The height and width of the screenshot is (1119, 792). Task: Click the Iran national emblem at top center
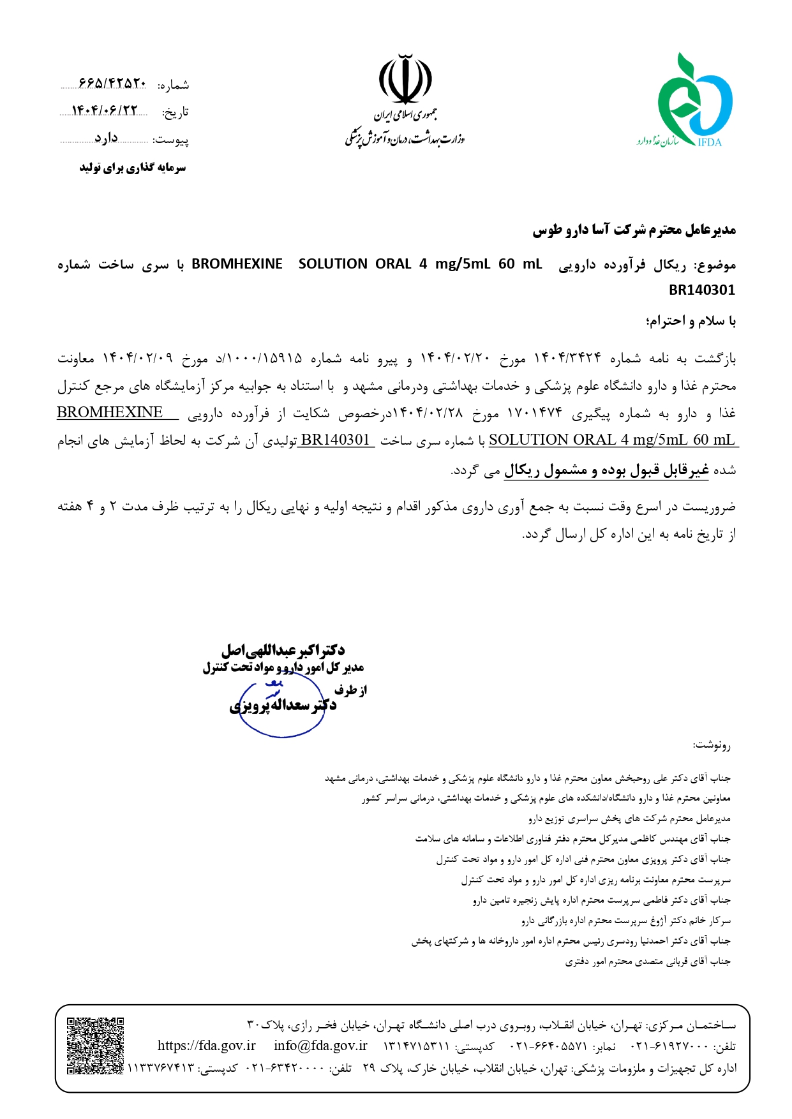[405, 79]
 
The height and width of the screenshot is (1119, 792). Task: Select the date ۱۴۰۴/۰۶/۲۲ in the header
[105, 111]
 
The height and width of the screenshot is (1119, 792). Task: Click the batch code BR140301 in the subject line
[701, 290]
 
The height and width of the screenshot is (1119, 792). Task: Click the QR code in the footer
[95, 1046]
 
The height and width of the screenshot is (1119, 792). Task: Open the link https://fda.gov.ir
[206, 1046]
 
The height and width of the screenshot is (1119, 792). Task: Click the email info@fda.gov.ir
[320, 1046]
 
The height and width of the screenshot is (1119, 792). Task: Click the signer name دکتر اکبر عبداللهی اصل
[283, 650]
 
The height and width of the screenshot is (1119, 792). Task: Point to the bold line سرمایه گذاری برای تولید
[132, 168]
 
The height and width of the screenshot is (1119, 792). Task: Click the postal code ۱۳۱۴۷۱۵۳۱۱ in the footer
[418, 1046]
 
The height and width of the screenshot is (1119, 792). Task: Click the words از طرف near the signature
[350, 690]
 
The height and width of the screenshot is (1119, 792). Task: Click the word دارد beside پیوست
[107, 138]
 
